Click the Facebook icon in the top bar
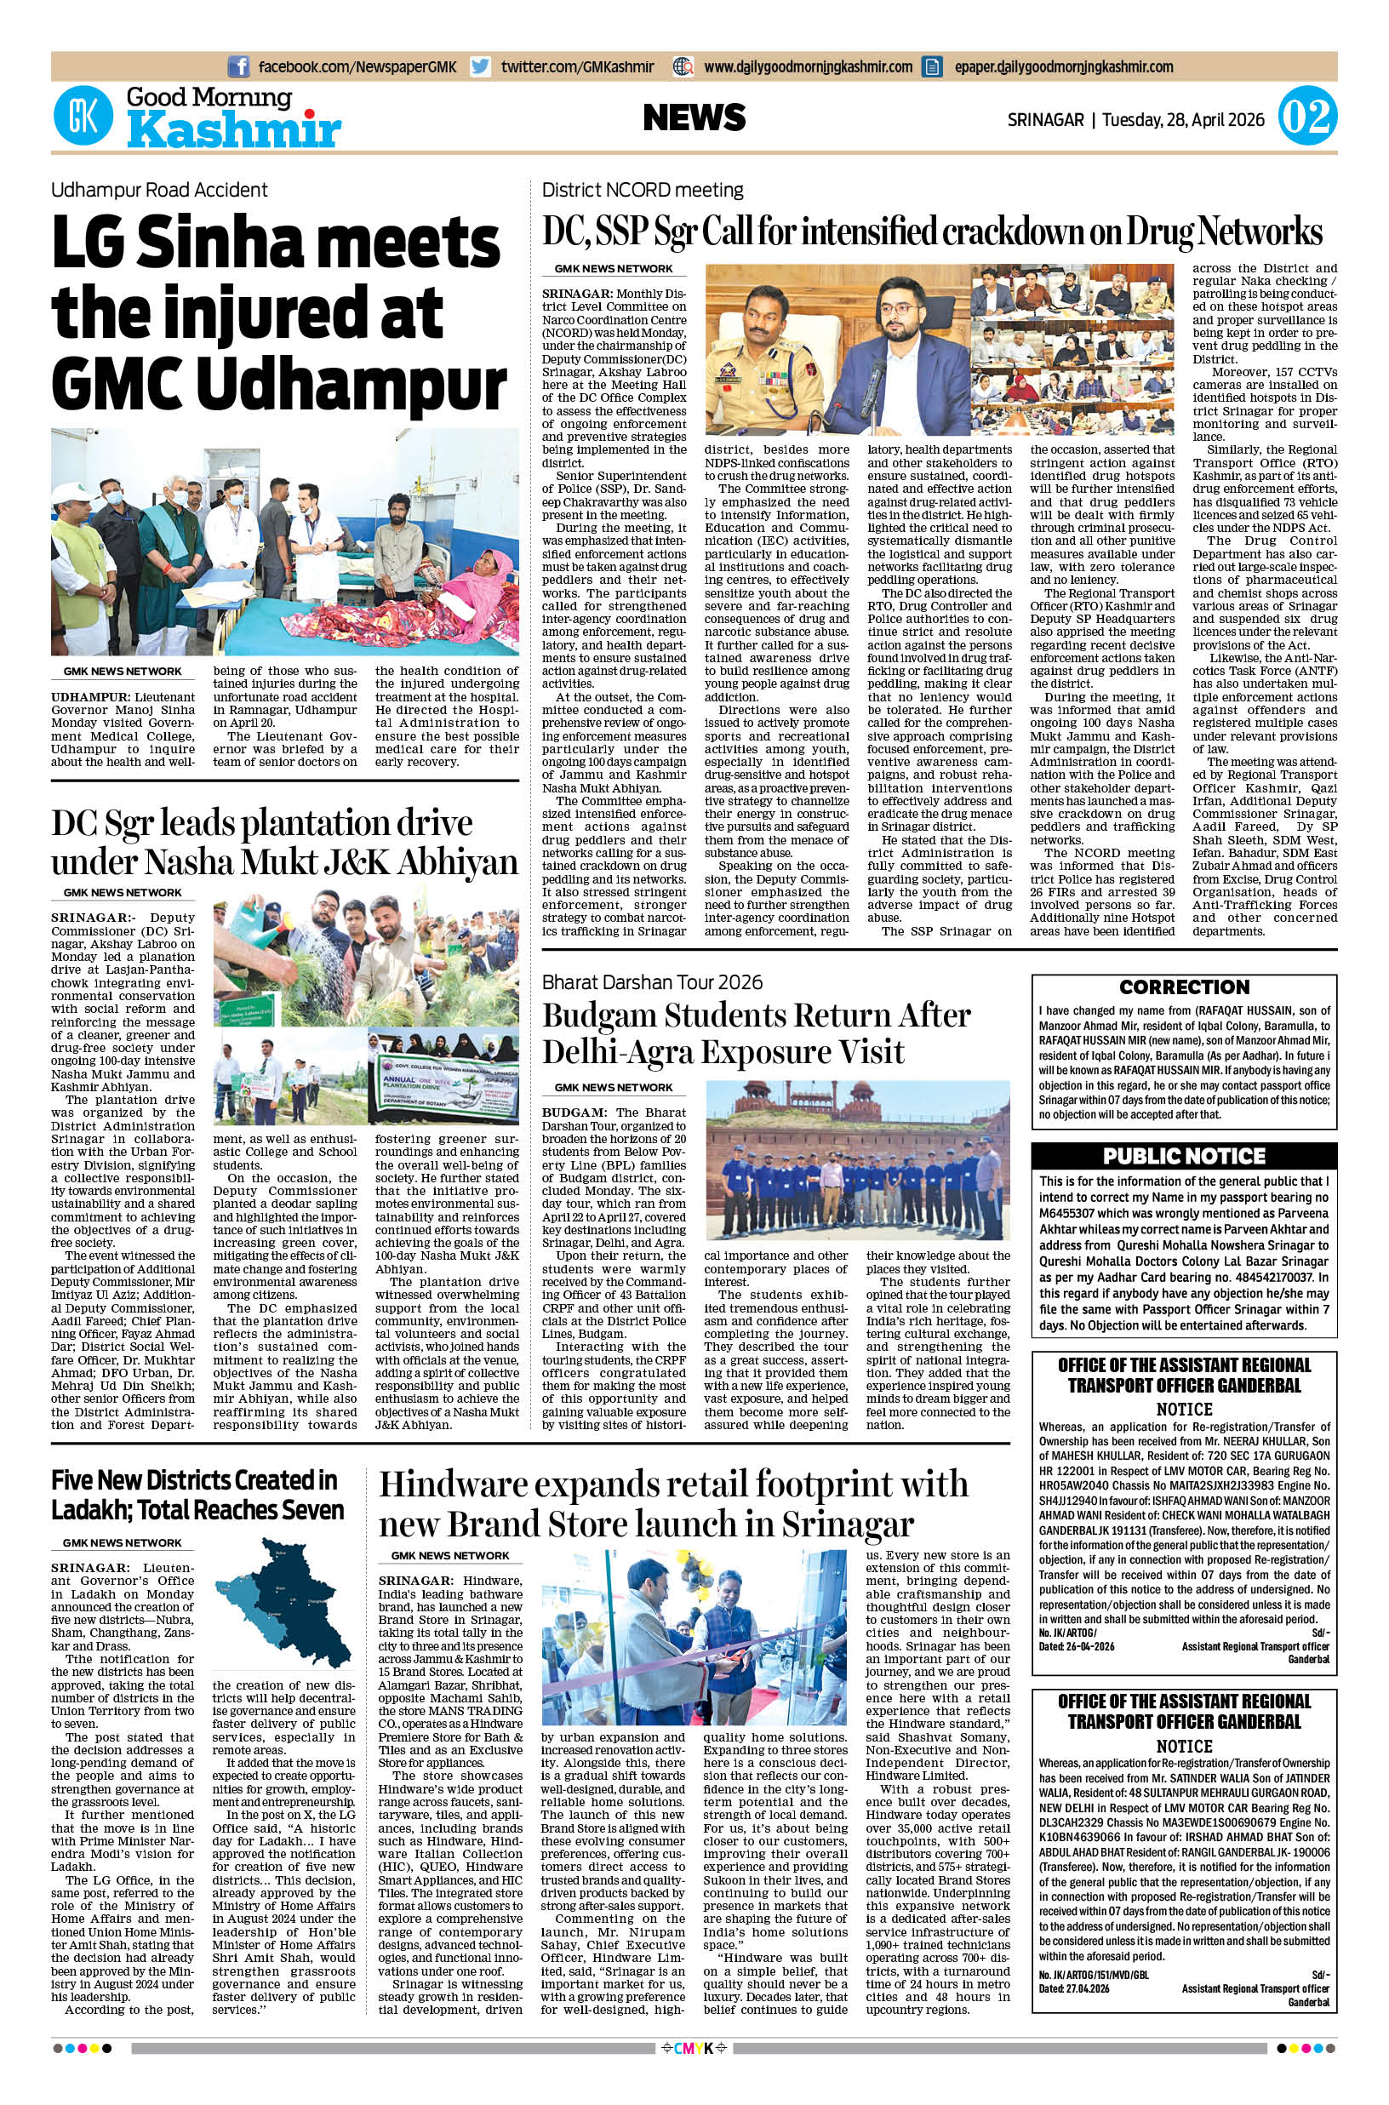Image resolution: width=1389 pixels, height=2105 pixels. [238, 66]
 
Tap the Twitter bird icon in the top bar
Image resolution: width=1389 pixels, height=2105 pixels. [480, 66]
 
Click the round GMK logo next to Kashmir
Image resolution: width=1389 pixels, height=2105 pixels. [83, 116]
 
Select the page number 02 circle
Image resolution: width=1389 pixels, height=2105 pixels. [1306, 117]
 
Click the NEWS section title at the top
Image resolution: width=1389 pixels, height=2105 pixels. [694, 117]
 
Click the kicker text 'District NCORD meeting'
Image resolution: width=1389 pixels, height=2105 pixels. [643, 190]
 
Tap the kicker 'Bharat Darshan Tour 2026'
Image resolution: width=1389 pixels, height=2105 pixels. [652, 981]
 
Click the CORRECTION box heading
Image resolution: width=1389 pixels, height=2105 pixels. [1184, 987]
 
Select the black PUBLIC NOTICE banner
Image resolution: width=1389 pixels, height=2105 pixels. [1184, 1155]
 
